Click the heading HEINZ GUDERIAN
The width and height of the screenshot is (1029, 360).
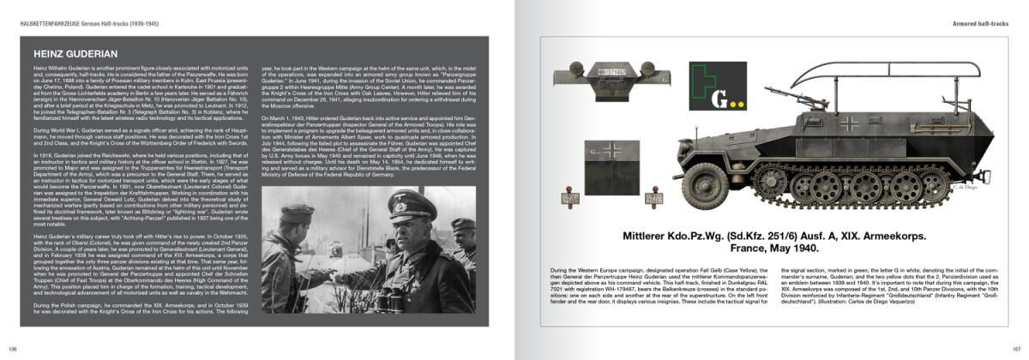70,53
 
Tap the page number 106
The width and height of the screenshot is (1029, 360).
12,349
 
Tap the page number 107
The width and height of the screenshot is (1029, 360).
1016,349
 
